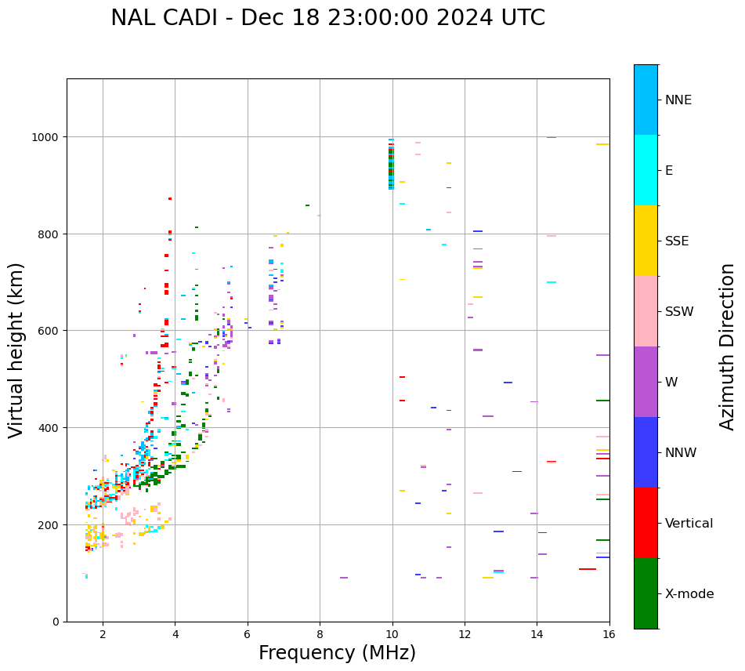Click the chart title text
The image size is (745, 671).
coord(327,18)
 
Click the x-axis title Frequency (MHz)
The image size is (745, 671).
coord(337,653)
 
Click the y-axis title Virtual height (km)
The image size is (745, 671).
coord(16,350)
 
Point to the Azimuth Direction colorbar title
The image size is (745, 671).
coord(728,346)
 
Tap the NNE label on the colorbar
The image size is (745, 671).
coord(678,100)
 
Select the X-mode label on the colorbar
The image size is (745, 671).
coord(689,594)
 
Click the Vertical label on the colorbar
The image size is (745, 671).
coord(689,524)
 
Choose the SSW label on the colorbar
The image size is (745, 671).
coord(679,311)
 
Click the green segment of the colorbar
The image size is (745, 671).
coord(646,593)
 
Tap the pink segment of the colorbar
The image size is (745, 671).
coord(646,311)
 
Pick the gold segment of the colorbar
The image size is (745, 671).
coord(646,241)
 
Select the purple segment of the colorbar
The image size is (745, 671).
coord(646,382)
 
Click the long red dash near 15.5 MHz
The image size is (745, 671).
coord(588,569)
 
